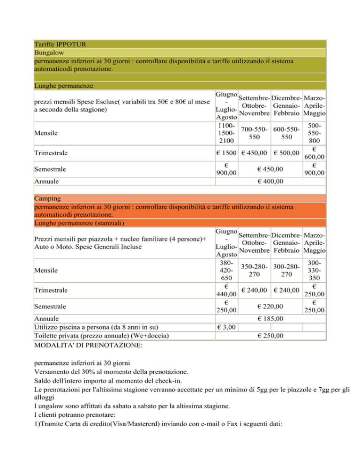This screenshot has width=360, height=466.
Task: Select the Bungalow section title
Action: [x=49, y=53]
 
